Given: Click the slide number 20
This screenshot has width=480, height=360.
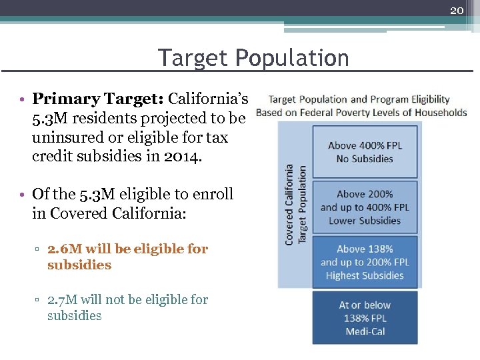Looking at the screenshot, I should coord(457,10).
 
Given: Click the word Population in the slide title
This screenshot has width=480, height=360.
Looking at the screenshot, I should coord(292,58).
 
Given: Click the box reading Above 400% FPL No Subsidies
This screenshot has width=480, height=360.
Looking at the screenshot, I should coord(365,152).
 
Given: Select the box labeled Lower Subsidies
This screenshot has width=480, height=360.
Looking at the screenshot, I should coord(365,207).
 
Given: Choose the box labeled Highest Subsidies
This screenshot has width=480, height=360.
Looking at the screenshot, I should coord(365,262).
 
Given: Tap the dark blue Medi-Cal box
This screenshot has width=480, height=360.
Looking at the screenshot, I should coord(365,318).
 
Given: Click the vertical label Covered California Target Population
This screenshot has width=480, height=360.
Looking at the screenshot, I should coord(295,204).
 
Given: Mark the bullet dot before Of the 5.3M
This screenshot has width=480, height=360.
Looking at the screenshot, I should coord(23,195).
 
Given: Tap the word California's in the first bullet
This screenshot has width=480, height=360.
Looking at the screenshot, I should coord(208,99).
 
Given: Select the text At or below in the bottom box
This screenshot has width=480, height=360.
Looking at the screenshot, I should coord(365,305).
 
